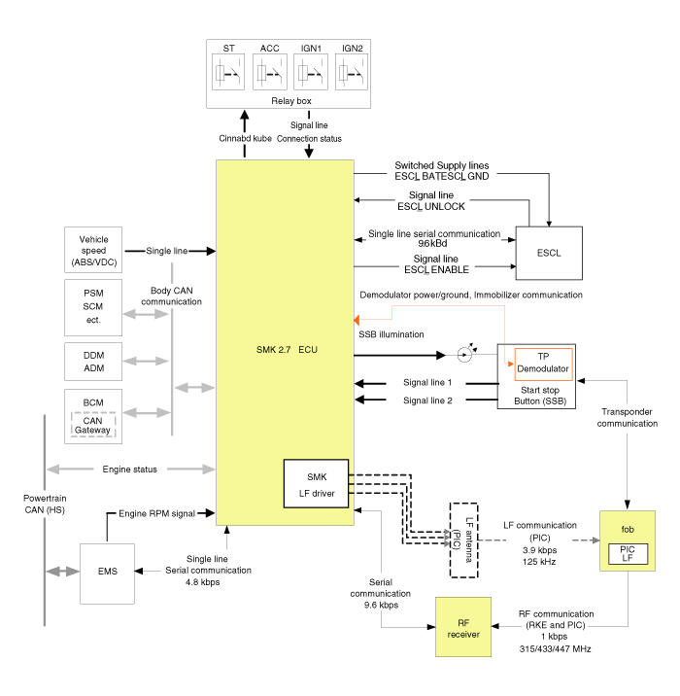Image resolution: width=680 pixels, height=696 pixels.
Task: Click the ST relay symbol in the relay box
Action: click(229, 73)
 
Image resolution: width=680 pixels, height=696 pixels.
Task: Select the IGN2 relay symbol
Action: click(352, 73)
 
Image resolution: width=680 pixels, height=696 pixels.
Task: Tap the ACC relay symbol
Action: click(270, 73)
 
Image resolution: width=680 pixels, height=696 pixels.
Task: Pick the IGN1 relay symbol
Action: click(311, 73)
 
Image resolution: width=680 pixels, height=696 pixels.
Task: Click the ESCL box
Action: click(548, 252)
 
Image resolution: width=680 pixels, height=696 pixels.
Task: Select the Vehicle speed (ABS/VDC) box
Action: click(94, 252)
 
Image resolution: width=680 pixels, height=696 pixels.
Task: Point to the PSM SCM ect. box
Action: click(94, 305)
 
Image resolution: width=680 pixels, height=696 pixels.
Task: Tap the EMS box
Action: click(108, 571)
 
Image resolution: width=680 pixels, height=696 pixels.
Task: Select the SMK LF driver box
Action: click(317, 483)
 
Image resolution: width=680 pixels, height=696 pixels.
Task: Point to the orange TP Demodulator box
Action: click(542, 363)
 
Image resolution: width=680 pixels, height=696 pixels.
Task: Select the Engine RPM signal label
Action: click(156, 512)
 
